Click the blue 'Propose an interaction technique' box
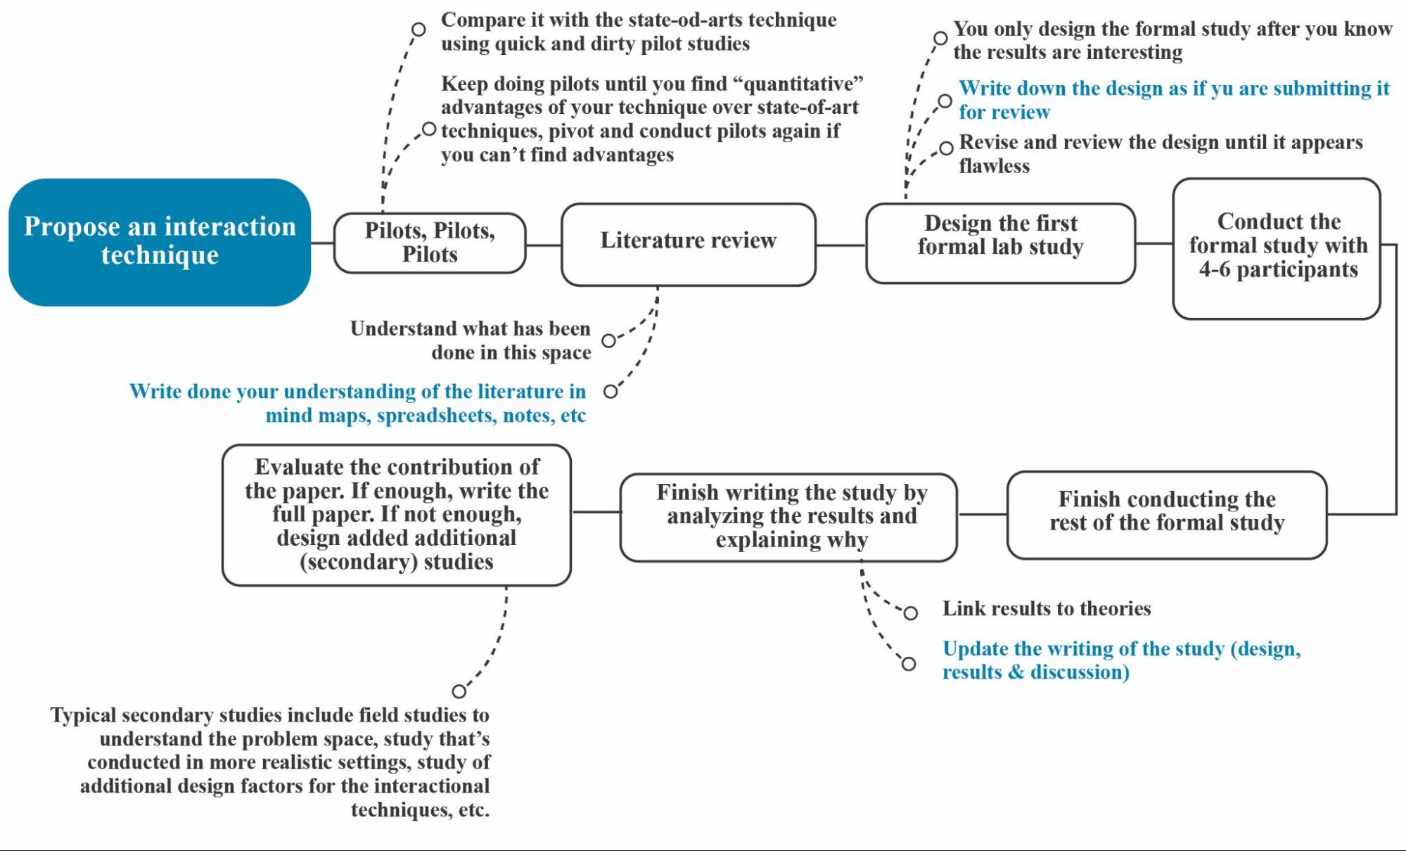point(160,241)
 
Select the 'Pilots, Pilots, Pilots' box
point(430,243)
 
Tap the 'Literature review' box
point(688,243)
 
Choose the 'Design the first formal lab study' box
point(1000,243)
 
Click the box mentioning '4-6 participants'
point(1277,248)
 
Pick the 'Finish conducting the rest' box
point(1167,514)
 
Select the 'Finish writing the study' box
point(788,517)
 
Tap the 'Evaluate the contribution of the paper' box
point(397,514)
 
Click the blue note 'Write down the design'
point(1173,100)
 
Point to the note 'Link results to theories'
point(1047,608)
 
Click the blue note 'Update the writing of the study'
point(1121,660)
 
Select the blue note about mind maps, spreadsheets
point(357,403)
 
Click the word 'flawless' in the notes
point(994,166)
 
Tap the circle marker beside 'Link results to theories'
point(911,613)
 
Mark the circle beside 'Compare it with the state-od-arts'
point(418,30)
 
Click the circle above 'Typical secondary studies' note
point(459,691)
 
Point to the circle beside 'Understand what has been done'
point(609,340)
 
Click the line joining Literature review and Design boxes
point(841,245)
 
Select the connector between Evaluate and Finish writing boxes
point(596,512)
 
